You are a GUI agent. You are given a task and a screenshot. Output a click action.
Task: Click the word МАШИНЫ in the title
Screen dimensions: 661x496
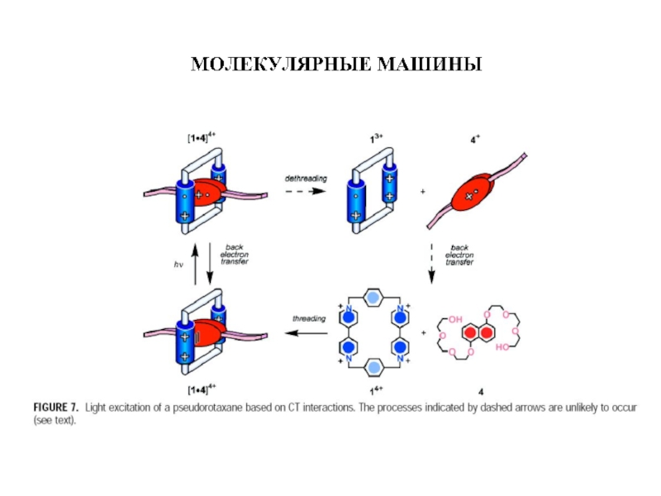point(430,64)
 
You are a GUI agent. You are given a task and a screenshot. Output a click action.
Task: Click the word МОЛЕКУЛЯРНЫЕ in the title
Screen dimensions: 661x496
point(281,64)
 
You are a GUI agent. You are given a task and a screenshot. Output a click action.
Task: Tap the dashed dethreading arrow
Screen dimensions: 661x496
point(306,192)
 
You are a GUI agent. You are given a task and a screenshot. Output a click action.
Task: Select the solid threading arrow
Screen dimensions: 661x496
point(306,333)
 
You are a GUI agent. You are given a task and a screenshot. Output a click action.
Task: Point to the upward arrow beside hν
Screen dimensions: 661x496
point(195,264)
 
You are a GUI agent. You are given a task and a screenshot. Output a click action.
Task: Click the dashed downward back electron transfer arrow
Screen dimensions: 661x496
point(431,263)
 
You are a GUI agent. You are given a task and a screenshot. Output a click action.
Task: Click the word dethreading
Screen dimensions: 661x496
point(306,179)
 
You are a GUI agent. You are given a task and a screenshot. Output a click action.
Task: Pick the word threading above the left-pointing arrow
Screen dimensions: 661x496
point(309,318)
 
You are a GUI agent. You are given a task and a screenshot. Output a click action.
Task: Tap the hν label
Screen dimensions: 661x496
point(178,265)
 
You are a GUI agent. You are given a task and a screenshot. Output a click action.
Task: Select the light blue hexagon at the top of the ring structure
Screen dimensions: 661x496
point(373,298)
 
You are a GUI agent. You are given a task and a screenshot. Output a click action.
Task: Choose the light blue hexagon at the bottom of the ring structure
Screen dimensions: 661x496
point(373,367)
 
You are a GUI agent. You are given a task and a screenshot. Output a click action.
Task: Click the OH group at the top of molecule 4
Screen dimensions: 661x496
point(455,319)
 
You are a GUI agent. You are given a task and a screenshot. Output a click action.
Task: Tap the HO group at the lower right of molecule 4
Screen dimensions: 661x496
point(503,347)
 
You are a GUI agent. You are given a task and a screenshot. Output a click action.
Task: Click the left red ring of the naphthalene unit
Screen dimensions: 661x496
point(470,333)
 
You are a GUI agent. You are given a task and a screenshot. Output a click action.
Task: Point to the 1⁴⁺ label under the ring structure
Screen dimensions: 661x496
point(376,390)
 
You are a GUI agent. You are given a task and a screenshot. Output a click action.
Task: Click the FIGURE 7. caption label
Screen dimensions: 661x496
point(55,408)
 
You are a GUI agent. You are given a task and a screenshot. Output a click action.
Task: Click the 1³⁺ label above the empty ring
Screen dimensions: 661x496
point(376,138)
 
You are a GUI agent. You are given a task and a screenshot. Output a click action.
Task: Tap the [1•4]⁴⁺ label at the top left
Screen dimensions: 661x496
point(202,137)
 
